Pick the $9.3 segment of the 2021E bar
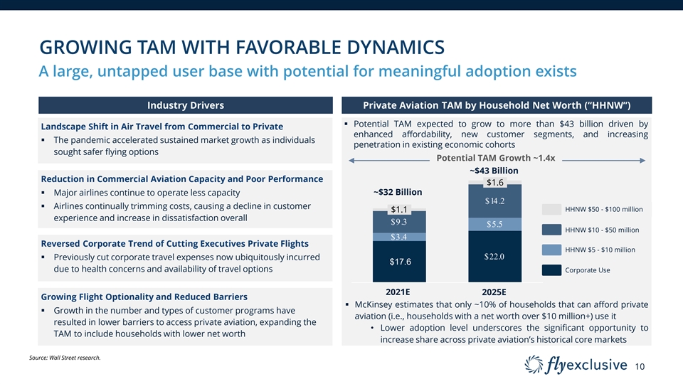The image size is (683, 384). pos(399,222)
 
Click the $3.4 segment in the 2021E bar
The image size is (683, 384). pos(399,237)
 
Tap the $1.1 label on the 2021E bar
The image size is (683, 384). pos(399,209)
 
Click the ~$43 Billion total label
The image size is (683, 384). pos(494,170)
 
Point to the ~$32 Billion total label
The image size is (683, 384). pos(398,192)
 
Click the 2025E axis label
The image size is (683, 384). pos(494,292)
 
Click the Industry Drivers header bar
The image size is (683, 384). pos(185,105)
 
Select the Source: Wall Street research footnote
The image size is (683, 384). pos(70,357)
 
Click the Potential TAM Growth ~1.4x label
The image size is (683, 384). pos(495,158)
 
